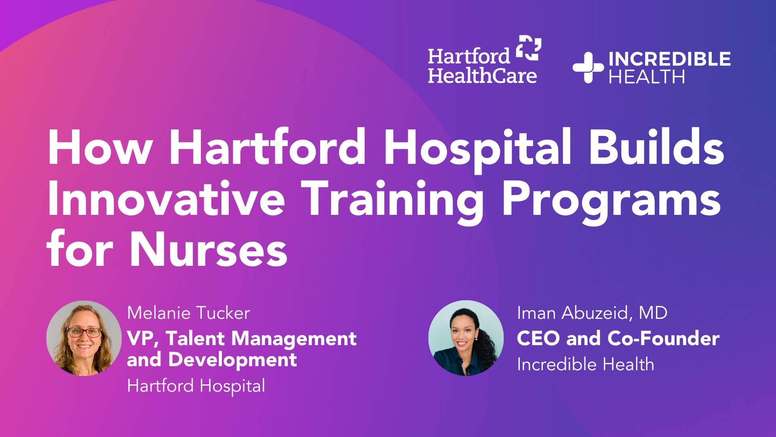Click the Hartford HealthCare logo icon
[x=529, y=48]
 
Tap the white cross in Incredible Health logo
[x=588, y=68]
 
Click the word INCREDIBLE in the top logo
[x=669, y=59]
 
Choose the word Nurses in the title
[x=209, y=250]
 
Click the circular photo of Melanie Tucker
[x=84, y=338]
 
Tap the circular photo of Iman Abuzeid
[x=466, y=338]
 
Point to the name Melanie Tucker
[x=188, y=313]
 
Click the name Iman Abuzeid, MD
[x=592, y=313]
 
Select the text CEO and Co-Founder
[x=618, y=338]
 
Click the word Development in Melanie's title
[x=232, y=360]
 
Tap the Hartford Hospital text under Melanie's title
[x=196, y=386]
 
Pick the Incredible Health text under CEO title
[x=585, y=365]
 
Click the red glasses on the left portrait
[x=84, y=333]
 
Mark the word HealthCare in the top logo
[x=482, y=76]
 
